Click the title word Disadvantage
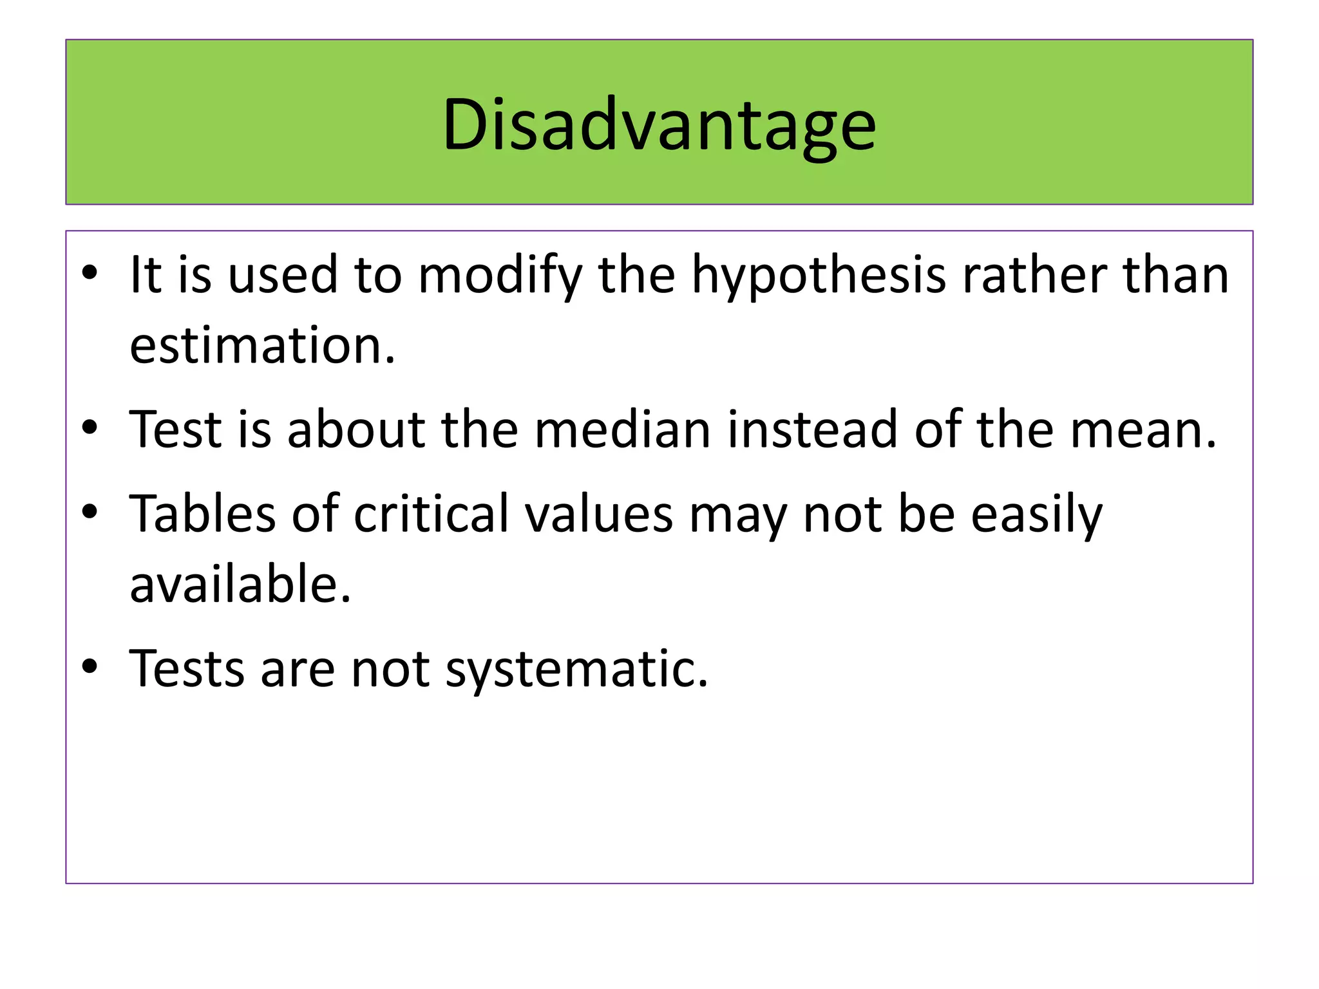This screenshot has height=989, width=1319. point(659,124)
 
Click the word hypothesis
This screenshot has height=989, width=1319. point(818,276)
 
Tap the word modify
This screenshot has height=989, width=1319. point(500,276)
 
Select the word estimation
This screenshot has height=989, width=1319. point(262,346)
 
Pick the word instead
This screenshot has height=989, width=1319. point(812,429)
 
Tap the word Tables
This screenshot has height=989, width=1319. point(202,514)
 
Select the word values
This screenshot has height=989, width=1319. point(598,514)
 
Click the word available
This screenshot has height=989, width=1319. point(240,584)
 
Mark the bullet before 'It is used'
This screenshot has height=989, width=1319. point(90,272)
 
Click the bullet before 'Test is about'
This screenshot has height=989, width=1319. point(90,427)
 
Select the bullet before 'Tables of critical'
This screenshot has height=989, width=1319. point(90,511)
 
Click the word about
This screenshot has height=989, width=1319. point(356,429)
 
